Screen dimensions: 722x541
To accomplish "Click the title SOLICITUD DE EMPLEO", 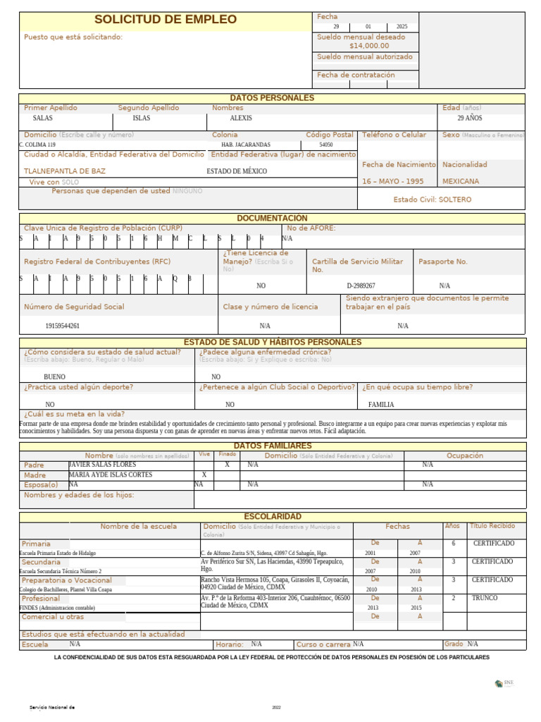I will tap(166, 20).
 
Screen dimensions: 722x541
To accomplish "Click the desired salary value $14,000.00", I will tap(368, 46).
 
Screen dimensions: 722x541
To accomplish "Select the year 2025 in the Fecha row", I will tap(402, 27).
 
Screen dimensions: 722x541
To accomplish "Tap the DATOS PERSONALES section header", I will tap(272, 98).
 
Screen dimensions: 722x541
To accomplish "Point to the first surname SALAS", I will tap(43, 118).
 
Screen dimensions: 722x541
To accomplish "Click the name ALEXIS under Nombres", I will tap(241, 118).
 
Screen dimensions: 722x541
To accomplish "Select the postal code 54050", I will tap(326, 144).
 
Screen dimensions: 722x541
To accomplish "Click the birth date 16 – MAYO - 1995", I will tap(392, 181).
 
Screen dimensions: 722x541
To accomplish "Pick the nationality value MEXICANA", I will tap(461, 181).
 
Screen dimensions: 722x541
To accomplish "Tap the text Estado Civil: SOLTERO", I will tap(432, 200).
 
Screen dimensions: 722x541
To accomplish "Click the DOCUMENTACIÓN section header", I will tap(272, 219).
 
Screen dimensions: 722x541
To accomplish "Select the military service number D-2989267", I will tap(361, 286).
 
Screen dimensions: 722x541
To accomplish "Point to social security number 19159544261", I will tap(62, 326).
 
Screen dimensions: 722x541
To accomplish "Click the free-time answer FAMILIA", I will tap(381, 405).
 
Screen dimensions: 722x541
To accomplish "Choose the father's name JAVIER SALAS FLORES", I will tap(102, 465).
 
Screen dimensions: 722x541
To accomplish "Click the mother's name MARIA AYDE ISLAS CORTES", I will tap(110, 475).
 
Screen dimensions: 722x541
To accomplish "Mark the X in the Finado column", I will tap(227, 465).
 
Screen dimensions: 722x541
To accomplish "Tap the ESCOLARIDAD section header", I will tap(272, 517).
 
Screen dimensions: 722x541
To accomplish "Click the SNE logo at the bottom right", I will tap(506, 683).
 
